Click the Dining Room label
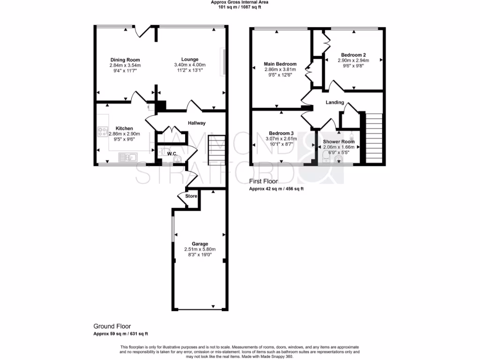pyautogui.click(x=125, y=60)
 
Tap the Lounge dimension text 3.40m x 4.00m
pyautogui.click(x=190, y=65)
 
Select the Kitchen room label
pyautogui.click(x=124, y=128)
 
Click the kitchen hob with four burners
pyautogui.click(x=103, y=132)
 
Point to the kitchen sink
pyautogui.click(x=127, y=157)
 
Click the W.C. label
pyautogui.click(x=172, y=153)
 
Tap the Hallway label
pyautogui.click(x=196, y=123)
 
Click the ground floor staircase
pyautogui.click(x=217, y=150)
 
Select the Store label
pyautogui.click(x=191, y=196)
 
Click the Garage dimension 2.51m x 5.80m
pyautogui.click(x=200, y=249)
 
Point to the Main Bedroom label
pyautogui.click(x=280, y=64)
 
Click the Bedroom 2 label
pyautogui.click(x=353, y=55)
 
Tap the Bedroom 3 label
pyautogui.click(x=281, y=133)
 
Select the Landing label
pyautogui.click(x=335, y=102)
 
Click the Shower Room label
pyautogui.click(x=338, y=142)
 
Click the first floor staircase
pyautogui.click(x=374, y=138)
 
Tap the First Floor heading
pyautogui.click(x=263, y=181)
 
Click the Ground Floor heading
pyautogui.click(x=112, y=326)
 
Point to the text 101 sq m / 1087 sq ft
pyautogui.click(x=240, y=7)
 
